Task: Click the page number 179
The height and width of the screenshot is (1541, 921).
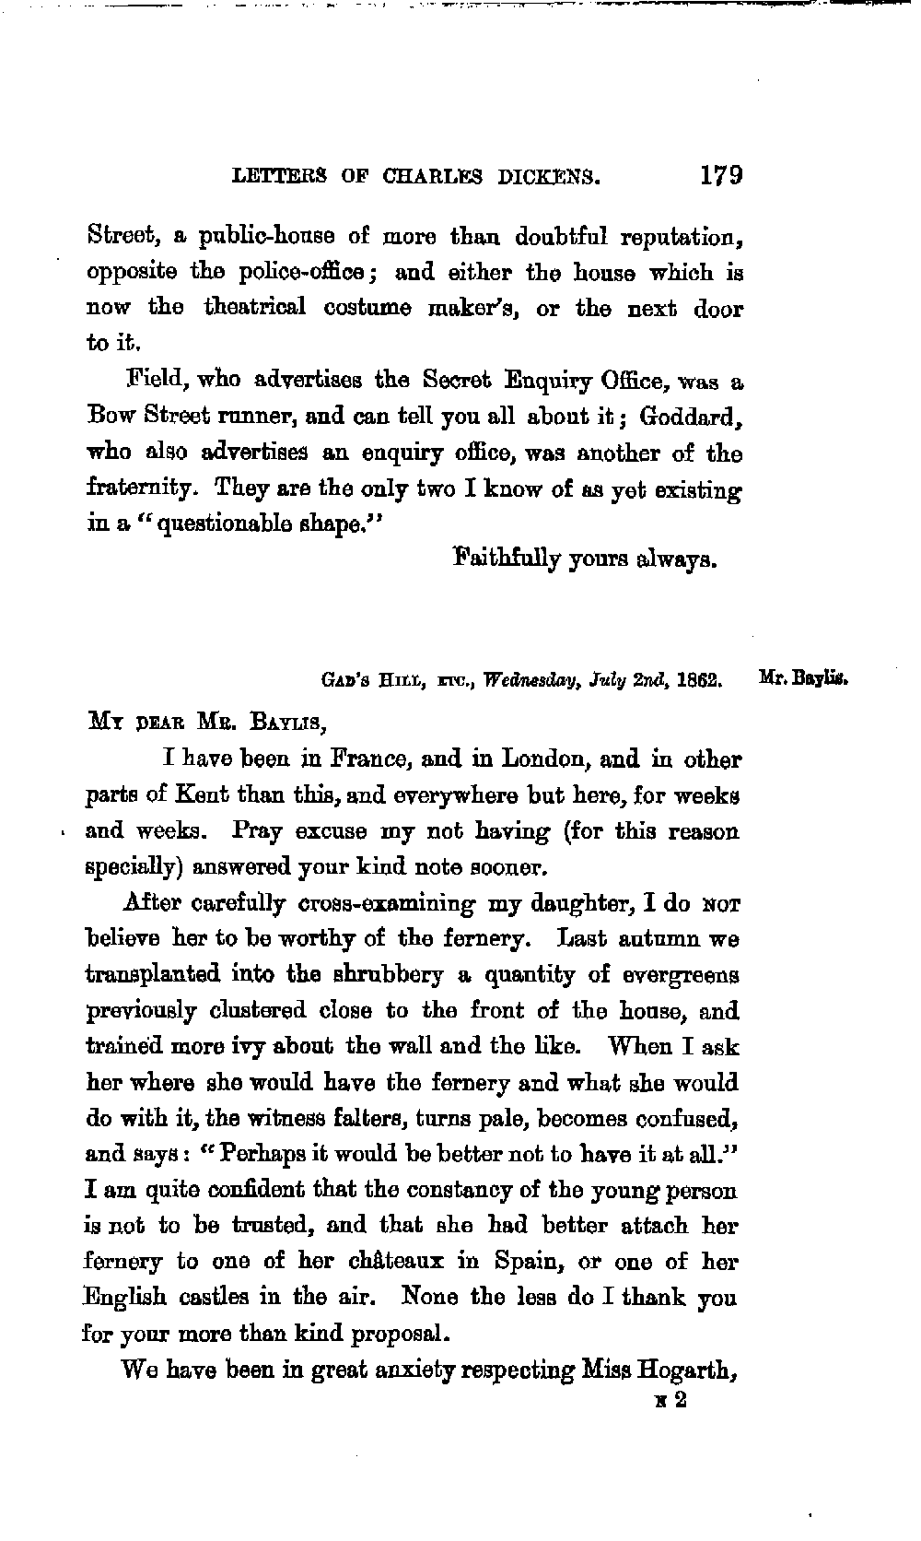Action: pos(721,175)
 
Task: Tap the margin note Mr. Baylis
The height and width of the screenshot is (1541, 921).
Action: pos(802,683)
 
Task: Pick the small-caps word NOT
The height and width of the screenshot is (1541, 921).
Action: pos(722,905)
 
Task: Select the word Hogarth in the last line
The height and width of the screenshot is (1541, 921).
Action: pos(690,1370)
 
